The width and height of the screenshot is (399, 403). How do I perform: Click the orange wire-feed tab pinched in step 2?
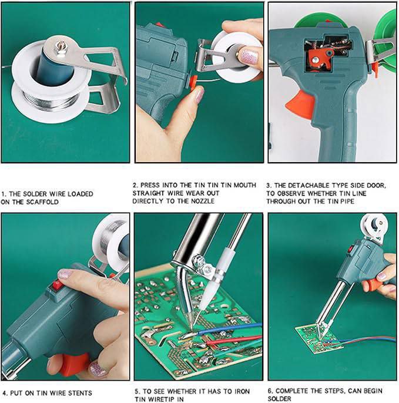pos(193,82)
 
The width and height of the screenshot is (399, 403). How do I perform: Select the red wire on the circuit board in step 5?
pos(233,340)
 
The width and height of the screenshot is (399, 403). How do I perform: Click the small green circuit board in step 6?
pos(318,340)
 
